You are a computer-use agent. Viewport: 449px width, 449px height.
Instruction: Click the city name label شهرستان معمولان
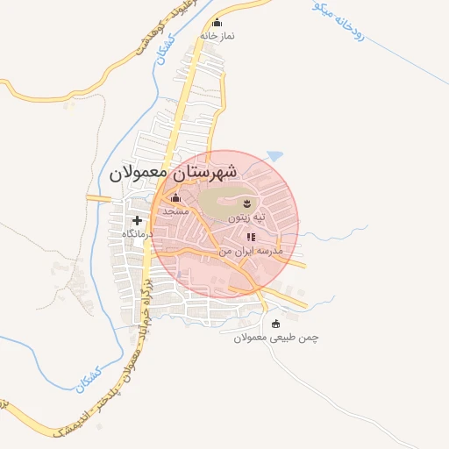pyautogui.click(x=175, y=173)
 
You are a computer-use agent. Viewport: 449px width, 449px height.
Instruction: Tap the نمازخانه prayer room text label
pyautogui.click(x=217, y=36)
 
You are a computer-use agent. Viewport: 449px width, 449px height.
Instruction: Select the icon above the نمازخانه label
pyautogui.click(x=217, y=23)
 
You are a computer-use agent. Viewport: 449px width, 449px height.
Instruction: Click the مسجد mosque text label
pyautogui.click(x=176, y=210)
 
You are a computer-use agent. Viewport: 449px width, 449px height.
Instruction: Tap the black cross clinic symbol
pyautogui.click(x=137, y=220)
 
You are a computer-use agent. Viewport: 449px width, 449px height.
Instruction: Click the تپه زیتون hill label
pyautogui.click(x=246, y=216)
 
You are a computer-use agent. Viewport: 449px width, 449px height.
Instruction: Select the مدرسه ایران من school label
pyautogui.click(x=253, y=251)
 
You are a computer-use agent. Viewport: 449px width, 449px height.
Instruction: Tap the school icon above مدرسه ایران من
pyautogui.click(x=251, y=237)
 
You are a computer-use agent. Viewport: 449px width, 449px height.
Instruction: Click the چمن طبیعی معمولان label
pyautogui.click(x=275, y=338)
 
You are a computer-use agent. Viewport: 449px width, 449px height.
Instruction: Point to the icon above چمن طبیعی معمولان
pyautogui.click(x=276, y=324)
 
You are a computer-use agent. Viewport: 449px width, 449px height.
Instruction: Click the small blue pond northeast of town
pyautogui.click(x=275, y=156)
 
